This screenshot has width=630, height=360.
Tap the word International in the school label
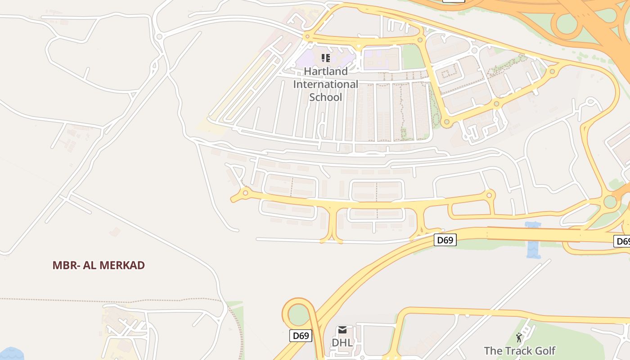pyautogui.click(x=326, y=84)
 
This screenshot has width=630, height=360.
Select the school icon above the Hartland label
pyautogui.click(x=326, y=58)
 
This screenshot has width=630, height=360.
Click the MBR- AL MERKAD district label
pyautogui.click(x=99, y=265)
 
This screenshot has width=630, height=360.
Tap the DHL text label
pyautogui.click(x=342, y=342)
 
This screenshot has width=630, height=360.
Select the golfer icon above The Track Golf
pyautogui.click(x=519, y=337)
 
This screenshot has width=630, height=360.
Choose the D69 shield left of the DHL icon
pyautogui.click(x=301, y=336)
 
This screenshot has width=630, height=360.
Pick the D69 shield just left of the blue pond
pyautogui.click(x=445, y=240)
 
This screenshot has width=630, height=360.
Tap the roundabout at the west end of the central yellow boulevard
pyautogui.click(x=245, y=193)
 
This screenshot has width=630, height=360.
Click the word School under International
pyautogui.click(x=326, y=97)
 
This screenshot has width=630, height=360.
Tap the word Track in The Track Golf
pyautogui.click(x=515, y=351)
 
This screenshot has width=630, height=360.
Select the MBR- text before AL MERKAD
pyautogui.click(x=66, y=265)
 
